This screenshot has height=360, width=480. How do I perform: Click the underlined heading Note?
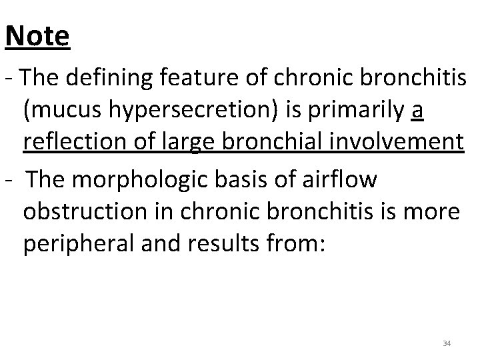(x=37, y=36)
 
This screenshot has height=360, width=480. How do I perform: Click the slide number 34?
(x=447, y=343)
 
